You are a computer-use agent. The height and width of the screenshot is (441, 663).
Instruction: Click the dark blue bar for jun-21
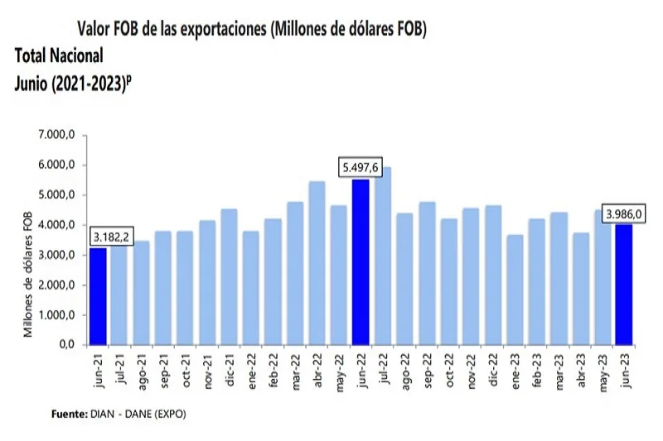tap(98, 296)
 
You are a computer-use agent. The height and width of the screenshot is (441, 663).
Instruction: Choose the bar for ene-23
tap(515, 290)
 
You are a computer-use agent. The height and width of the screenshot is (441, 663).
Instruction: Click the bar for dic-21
tap(230, 276)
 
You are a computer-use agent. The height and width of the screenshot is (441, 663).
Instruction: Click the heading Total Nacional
tap(59, 56)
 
